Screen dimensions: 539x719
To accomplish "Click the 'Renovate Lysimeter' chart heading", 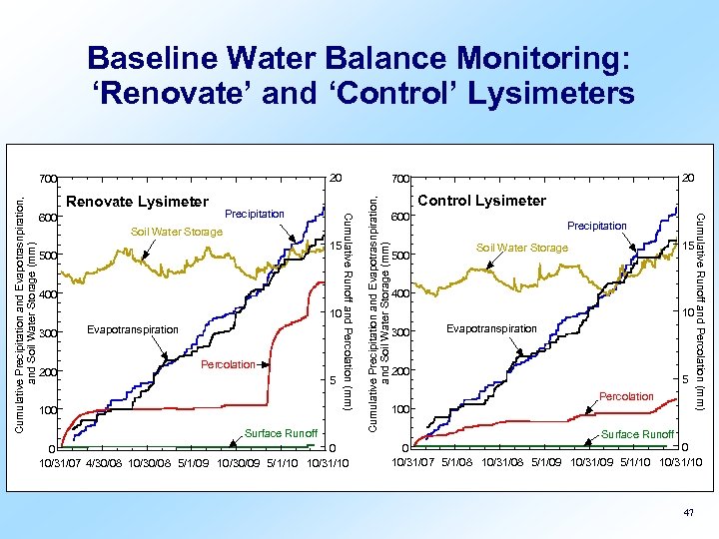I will click(137, 202).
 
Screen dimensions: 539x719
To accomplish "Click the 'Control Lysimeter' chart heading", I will click(481, 201).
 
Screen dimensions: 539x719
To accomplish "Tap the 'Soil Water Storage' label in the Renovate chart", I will click(177, 233).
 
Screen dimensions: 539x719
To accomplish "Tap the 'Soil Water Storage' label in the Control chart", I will click(521, 248).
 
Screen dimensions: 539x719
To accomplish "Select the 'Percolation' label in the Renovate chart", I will click(229, 364).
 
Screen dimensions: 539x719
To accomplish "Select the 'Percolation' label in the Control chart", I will click(626, 396).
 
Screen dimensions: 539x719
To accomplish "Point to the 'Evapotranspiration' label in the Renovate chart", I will click(133, 328).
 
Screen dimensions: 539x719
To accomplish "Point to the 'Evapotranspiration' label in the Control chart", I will click(491, 328).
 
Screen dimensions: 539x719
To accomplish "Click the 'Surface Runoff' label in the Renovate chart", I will click(282, 433).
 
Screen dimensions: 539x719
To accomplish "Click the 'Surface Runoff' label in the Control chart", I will click(637, 434).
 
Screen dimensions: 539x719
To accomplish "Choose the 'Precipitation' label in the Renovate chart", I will click(255, 214).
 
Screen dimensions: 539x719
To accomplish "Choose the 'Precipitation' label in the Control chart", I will click(597, 226).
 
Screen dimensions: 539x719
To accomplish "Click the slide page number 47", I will click(687, 511).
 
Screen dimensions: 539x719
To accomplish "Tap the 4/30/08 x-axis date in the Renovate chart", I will click(107, 463).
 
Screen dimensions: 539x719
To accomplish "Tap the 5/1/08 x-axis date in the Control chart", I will click(459, 463).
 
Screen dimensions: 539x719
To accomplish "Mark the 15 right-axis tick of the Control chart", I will click(688, 247).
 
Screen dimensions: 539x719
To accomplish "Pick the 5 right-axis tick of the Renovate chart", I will click(335, 380).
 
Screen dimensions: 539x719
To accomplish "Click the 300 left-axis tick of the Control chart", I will click(400, 333).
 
